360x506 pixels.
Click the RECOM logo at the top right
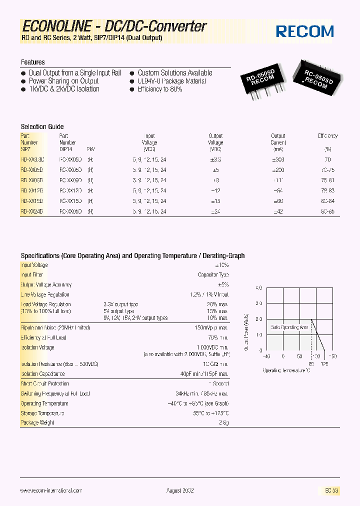[x=305, y=31]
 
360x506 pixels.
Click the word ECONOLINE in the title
[x=56, y=26]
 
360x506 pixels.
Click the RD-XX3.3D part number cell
[x=32, y=159]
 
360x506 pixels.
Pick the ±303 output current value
[x=278, y=159]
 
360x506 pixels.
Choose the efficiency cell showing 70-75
[x=328, y=169]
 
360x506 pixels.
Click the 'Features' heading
[x=32, y=62]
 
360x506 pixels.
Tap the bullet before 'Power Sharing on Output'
[x=23, y=81]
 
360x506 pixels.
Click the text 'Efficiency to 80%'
[x=160, y=89]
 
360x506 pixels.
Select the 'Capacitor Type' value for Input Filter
[x=213, y=275]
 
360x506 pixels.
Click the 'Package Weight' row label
[x=37, y=422]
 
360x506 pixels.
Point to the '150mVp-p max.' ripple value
[x=211, y=327]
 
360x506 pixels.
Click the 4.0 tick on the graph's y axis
[x=258, y=288]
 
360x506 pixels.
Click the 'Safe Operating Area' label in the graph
[x=289, y=327]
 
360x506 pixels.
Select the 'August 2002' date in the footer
[x=180, y=490]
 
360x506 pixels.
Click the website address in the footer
[x=51, y=490]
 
